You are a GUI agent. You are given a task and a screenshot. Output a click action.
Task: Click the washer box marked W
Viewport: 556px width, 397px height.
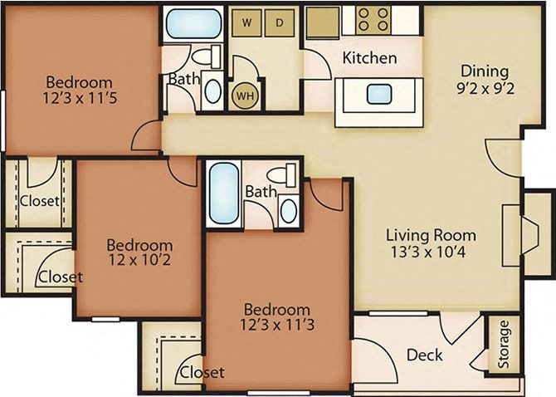tap(246, 22)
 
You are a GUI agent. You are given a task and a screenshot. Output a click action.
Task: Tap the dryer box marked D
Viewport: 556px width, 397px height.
tap(280, 22)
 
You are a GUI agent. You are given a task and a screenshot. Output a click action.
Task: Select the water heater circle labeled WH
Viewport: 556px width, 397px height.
tap(244, 96)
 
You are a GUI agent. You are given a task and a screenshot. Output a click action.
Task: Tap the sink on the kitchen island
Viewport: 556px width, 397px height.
tap(378, 93)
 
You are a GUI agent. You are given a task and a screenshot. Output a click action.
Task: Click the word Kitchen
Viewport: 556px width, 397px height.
tap(369, 59)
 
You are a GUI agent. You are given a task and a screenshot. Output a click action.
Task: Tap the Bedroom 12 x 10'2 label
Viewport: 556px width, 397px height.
tap(139, 253)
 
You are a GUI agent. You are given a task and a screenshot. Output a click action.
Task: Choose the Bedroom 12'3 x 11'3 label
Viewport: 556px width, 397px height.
tap(276, 317)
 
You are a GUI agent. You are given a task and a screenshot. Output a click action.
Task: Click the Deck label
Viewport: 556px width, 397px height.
tap(424, 355)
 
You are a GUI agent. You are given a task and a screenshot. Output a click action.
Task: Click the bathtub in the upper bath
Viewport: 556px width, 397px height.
tap(193, 23)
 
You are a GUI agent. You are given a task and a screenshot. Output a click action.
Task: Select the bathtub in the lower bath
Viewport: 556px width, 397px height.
tap(224, 194)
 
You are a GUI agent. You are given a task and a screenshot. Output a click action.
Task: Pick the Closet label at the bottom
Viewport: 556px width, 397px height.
tap(202, 372)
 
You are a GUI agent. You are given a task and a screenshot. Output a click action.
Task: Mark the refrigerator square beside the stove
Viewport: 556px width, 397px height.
tap(322, 22)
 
